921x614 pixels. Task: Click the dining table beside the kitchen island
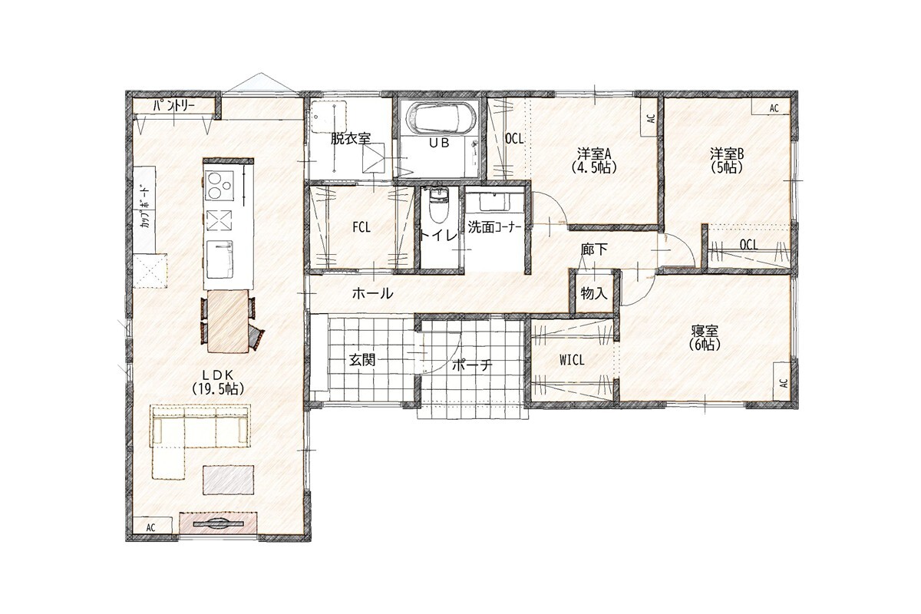pos(228,321)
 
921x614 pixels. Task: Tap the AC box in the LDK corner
pos(150,527)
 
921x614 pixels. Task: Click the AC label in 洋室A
pos(651,118)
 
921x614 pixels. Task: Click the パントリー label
pos(174,106)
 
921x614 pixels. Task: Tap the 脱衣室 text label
pos(351,139)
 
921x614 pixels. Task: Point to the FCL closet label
pos(361,227)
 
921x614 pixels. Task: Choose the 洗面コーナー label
pos(494,227)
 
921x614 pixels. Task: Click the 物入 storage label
pos(594,294)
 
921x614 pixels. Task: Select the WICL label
pos(572,360)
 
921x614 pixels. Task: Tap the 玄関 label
pos(362,360)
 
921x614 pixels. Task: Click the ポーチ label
pos(472,365)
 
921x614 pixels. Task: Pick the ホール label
pos(372,293)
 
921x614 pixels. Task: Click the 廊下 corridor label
pos(594,249)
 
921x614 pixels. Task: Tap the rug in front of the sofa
pos(228,480)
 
